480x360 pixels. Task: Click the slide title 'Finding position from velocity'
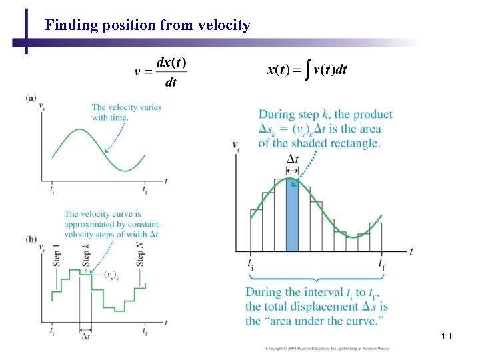tap(147, 26)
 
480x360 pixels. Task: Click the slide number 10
tap(446, 336)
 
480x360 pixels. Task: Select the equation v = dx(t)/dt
tap(161, 73)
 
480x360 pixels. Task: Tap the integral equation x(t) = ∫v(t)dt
tap(307, 70)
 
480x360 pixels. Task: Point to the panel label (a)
tap(31, 98)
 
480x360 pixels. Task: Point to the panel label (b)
tap(31, 239)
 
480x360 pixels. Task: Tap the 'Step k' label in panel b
tap(86, 255)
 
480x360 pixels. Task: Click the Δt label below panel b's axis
tap(85, 337)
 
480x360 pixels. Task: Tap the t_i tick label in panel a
tap(52, 189)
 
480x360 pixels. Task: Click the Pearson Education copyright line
tap(327, 348)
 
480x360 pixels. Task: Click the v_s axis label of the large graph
tap(236, 146)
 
